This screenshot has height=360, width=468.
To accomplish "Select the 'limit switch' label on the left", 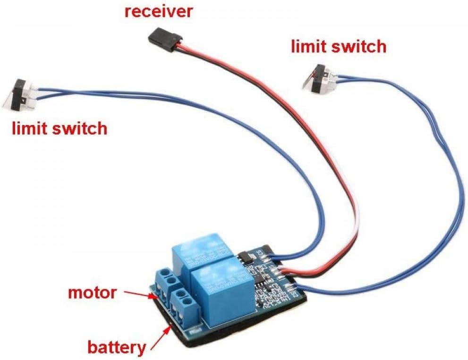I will point(60,128).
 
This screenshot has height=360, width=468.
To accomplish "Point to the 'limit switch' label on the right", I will point(338,46).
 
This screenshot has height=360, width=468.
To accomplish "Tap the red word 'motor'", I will point(92,293).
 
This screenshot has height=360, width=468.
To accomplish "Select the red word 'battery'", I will point(116,348).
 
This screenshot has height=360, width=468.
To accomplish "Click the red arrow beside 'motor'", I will point(140,295).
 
